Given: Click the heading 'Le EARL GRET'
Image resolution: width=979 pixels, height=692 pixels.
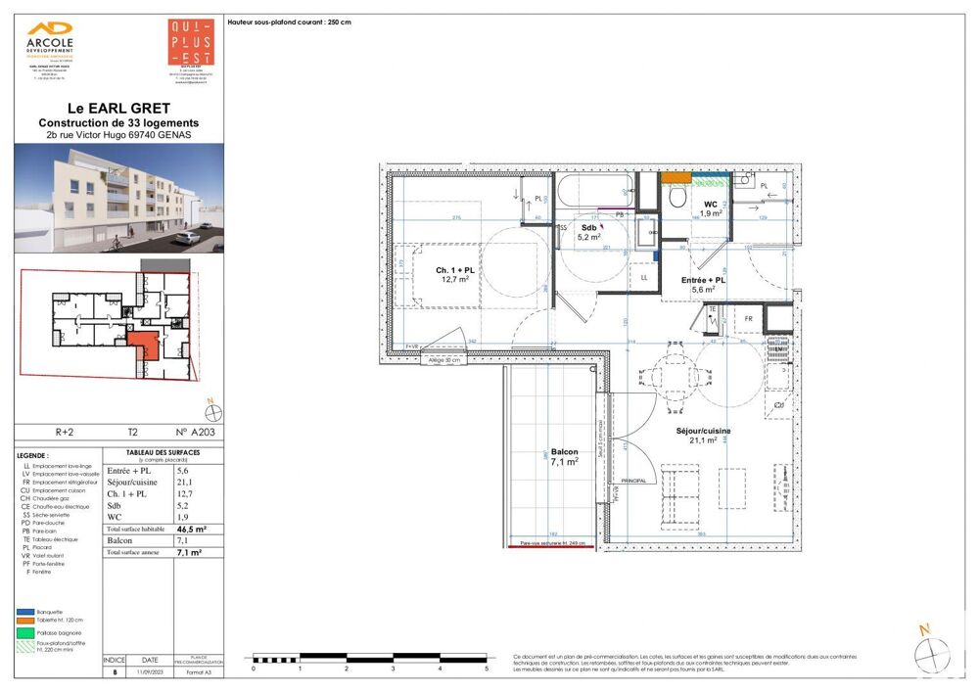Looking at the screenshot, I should (x=117, y=108).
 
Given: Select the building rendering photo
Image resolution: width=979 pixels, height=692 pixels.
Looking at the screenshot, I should (x=117, y=199).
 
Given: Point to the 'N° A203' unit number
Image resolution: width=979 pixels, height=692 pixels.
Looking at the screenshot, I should (x=194, y=432).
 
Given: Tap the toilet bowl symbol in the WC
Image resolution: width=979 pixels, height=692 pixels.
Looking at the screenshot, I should (x=676, y=196).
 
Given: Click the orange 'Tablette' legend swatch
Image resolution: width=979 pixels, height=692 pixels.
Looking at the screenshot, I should (x=24, y=619).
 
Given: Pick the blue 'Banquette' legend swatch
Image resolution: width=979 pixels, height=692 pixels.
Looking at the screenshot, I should (x=24, y=610).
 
